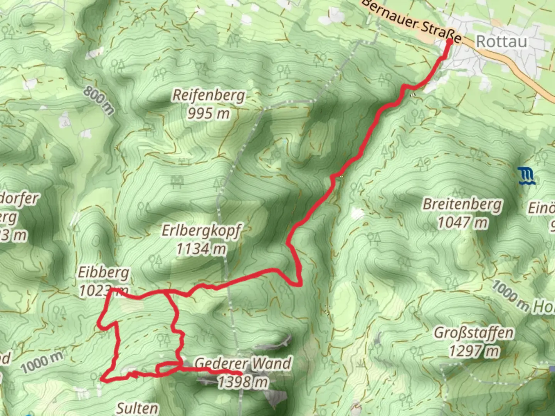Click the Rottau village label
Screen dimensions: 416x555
pyautogui.click(x=501, y=41)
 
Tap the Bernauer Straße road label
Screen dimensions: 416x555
pyautogui.click(x=411, y=22)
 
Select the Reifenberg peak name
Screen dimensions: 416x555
pyautogui.click(x=209, y=95)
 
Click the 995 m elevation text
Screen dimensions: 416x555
pyautogui.click(x=209, y=113)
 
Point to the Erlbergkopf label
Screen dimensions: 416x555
pyautogui.click(x=201, y=231)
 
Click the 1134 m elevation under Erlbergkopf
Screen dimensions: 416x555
pyautogui.click(x=201, y=249)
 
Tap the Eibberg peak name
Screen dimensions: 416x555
pyautogui.click(x=103, y=273)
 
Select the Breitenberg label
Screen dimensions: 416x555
pyautogui.click(x=462, y=204)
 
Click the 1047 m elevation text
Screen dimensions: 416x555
pyautogui.click(x=462, y=222)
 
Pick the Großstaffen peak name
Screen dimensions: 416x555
pyautogui.click(x=474, y=332)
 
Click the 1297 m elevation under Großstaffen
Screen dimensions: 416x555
pyautogui.click(x=474, y=351)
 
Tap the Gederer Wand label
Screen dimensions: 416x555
pyautogui.click(x=243, y=363)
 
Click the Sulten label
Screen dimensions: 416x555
pyautogui.click(x=137, y=408)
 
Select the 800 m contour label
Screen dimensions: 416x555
pyautogui.click(x=99, y=100)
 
